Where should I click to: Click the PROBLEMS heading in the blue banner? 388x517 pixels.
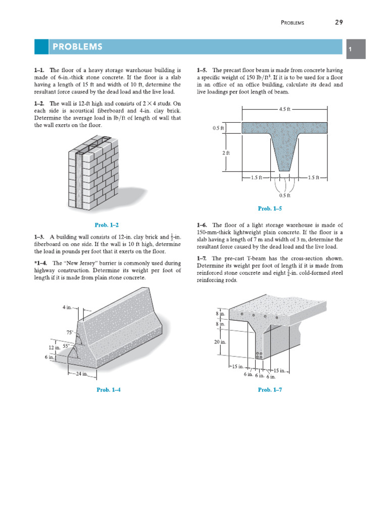click(77, 47)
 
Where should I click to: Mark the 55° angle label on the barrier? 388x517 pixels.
click(66, 346)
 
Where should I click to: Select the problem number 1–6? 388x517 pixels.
click(202, 225)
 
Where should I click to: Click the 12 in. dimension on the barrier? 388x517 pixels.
click(54, 348)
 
